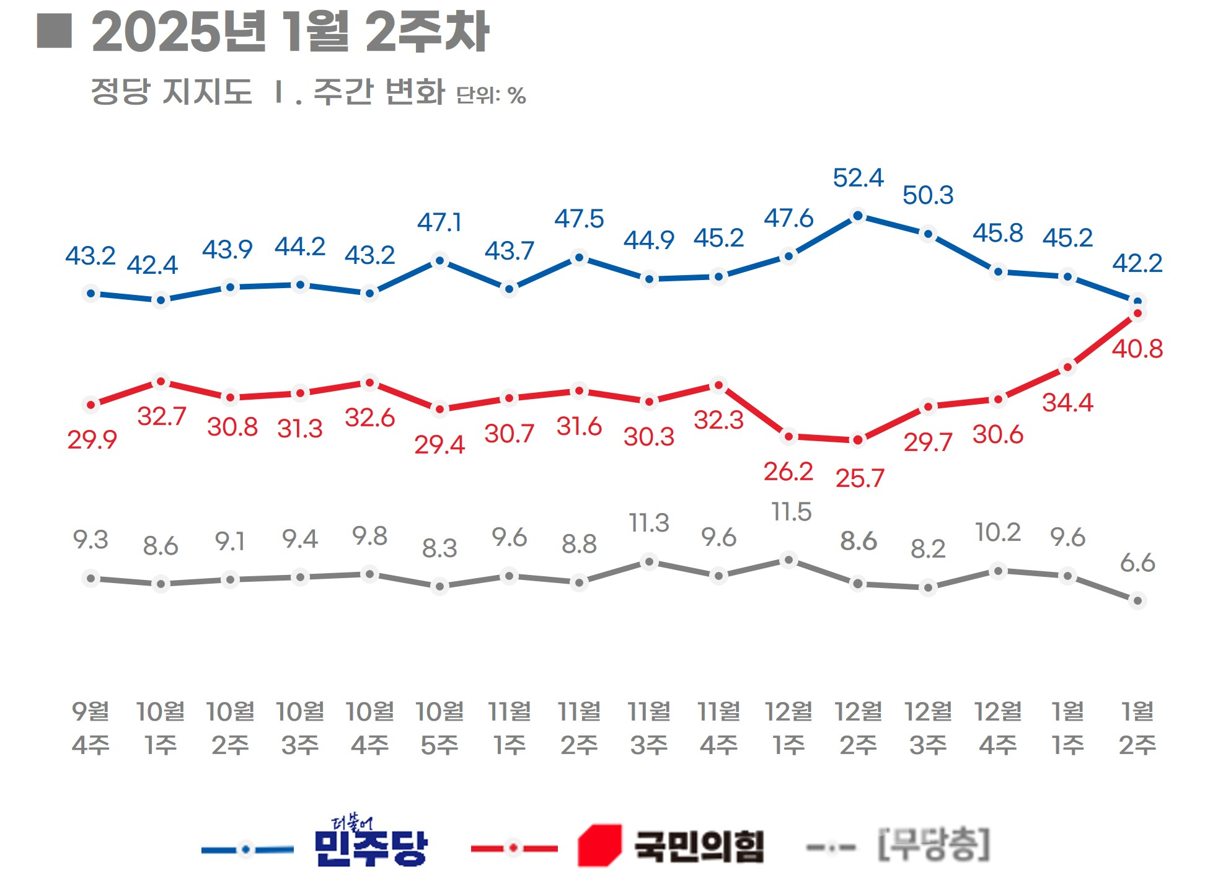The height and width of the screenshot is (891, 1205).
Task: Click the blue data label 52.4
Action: (x=858, y=178)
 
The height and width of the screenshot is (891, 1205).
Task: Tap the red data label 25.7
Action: (x=860, y=478)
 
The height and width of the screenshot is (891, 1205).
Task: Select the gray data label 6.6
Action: (x=1137, y=563)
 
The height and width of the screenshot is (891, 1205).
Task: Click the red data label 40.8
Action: (x=1137, y=349)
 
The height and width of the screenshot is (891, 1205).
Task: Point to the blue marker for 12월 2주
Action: (x=858, y=216)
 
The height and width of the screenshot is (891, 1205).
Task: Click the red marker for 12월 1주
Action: (x=788, y=437)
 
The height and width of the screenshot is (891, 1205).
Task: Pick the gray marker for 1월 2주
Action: (x=1137, y=600)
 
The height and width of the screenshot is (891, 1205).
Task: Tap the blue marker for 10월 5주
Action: (x=439, y=261)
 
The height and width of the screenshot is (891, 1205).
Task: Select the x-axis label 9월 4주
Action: (x=91, y=728)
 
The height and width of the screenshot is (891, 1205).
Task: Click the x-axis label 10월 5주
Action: (x=439, y=728)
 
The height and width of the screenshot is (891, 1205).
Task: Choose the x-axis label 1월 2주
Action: (x=1137, y=728)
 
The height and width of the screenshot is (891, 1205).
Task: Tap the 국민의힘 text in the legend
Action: (x=699, y=846)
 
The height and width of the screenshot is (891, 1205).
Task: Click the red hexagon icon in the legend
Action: (x=599, y=845)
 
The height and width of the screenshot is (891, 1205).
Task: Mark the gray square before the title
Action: (x=55, y=31)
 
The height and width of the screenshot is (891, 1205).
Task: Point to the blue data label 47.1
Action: (x=439, y=222)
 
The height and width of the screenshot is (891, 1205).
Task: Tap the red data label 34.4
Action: (x=1067, y=403)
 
